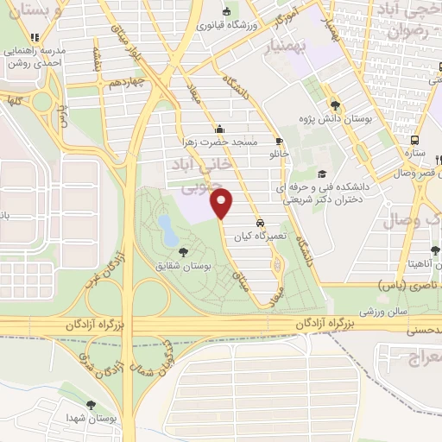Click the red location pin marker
click(223, 205)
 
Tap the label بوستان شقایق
click(182, 266)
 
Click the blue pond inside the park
click(165, 230)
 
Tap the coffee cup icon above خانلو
click(278, 141)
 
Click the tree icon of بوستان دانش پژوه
click(335, 106)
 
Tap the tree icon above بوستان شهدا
click(91, 404)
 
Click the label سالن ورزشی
click(358, 309)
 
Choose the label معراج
click(420, 356)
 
